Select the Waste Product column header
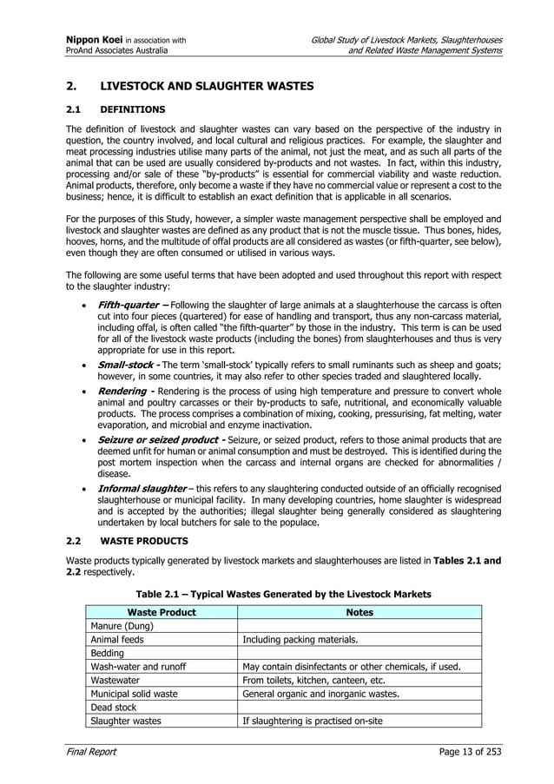[x=161, y=612]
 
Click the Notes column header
[x=359, y=612]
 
